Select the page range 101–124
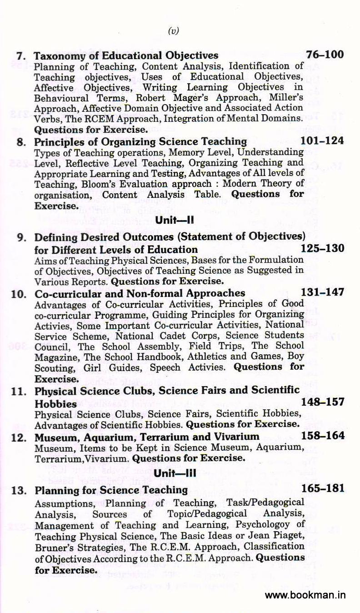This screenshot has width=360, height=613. click(322, 141)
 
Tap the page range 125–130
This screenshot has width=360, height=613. click(322, 249)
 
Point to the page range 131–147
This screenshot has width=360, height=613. click(322, 292)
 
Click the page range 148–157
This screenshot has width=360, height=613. click(322, 402)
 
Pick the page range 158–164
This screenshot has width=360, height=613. click(322, 436)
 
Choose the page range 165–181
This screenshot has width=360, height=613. click(322, 489)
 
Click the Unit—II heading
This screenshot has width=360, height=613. click(175, 221)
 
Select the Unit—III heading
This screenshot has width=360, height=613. click(175, 473)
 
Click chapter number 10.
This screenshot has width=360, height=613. click(18, 293)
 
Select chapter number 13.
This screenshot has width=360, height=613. click(18, 490)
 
